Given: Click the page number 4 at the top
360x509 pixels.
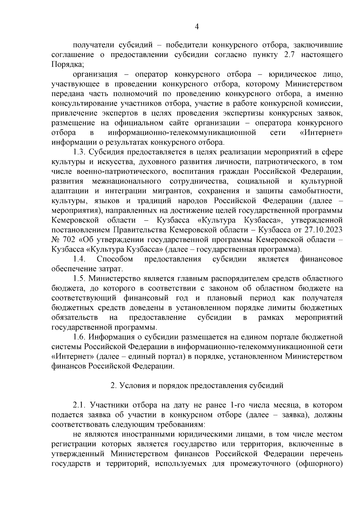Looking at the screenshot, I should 197,27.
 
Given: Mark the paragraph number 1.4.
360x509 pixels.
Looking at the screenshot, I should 80,259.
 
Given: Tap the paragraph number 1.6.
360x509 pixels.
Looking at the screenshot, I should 80,337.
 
